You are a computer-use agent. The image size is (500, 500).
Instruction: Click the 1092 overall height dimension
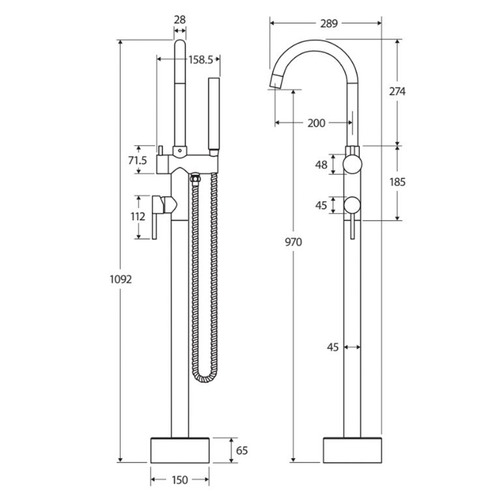pyautogui.click(x=104, y=281)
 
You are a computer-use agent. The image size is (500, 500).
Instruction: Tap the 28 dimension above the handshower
pyautogui.click(x=180, y=18)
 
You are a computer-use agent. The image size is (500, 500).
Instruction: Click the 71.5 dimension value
pyautogui.click(x=137, y=160)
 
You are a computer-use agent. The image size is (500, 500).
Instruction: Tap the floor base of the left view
pyautogui.click(x=180, y=450)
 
